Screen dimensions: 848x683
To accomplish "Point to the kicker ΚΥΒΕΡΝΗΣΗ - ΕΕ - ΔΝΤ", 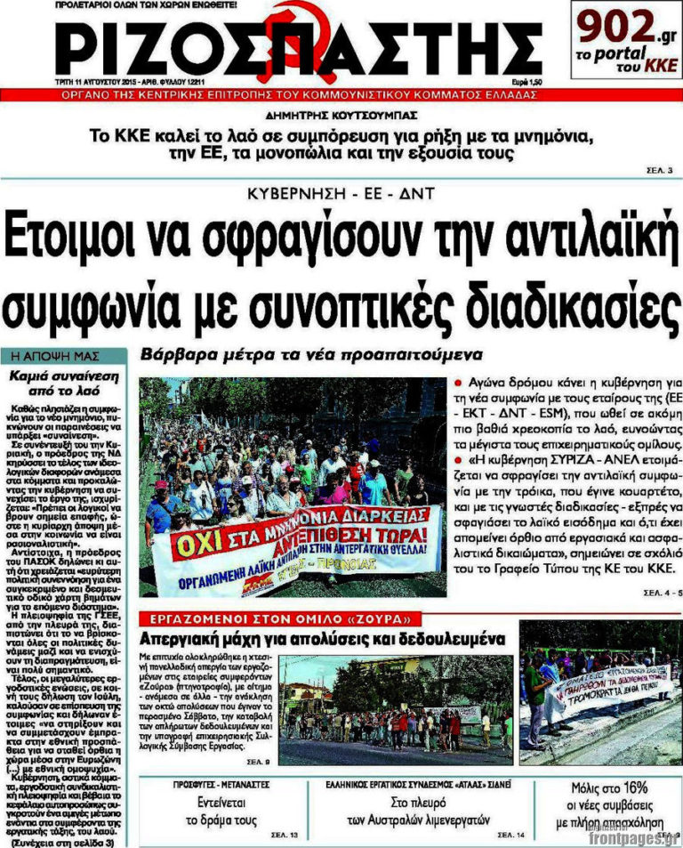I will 340,193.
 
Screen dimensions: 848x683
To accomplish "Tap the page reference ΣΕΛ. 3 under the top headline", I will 658,170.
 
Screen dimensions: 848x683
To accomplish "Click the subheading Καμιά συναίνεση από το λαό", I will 65,383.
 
